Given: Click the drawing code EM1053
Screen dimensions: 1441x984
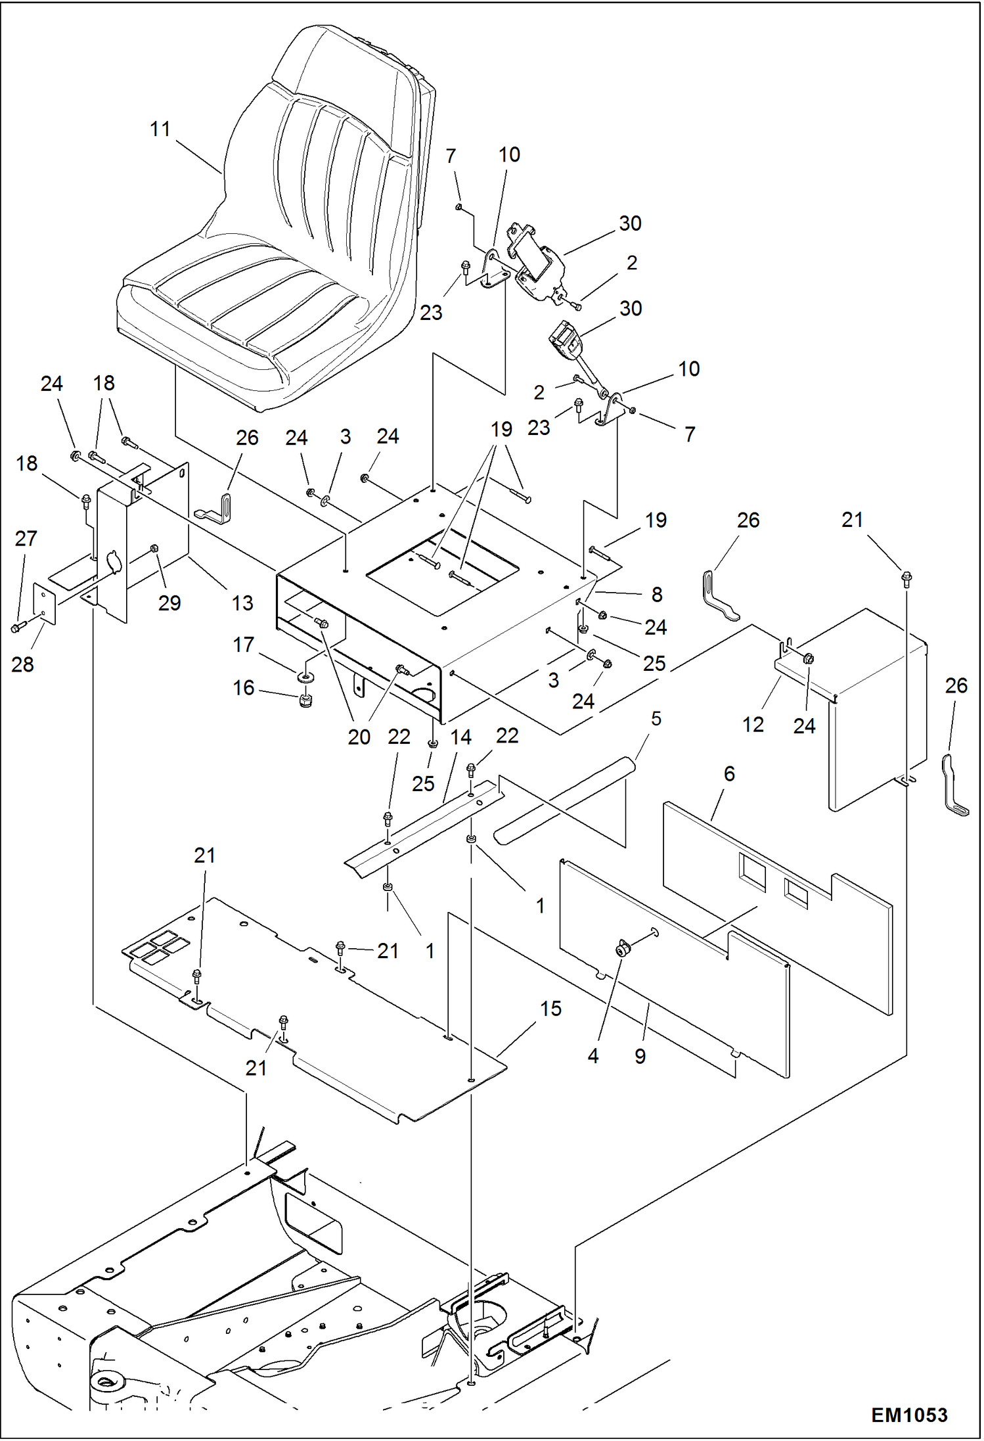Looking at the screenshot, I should tap(909, 1415).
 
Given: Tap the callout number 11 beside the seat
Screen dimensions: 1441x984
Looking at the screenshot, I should tap(160, 129).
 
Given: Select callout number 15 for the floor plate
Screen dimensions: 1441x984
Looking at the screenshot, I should tap(550, 1009).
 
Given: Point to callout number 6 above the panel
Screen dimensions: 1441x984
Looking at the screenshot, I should tap(729, 774).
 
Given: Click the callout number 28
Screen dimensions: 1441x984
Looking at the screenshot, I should tap(22, 664).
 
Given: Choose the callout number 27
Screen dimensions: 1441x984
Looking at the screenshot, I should tap(26, 539).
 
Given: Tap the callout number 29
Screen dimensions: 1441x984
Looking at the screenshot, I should tap(169, 603).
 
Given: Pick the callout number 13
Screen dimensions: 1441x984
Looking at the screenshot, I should tap(242, 603).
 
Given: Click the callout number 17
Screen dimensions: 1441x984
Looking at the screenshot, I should tap(243, 645).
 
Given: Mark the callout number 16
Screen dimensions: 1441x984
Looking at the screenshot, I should tap(243, 688).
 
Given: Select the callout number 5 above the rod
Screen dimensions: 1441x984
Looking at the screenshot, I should tap(656, 719).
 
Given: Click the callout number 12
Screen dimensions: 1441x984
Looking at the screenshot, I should tap(753, 725).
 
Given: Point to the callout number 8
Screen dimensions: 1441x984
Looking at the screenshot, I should tap(657, 595).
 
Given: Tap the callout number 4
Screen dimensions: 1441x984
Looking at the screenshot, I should tap(593, 1056).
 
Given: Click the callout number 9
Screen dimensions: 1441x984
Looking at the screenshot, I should tap(640, 1056).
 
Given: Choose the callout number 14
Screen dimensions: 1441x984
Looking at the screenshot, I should tap(460, 737).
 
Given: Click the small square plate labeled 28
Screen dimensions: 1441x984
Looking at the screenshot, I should tap(44, 603).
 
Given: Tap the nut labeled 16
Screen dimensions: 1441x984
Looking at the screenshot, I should tap(305, 700).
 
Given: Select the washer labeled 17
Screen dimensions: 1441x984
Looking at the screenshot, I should tap(305, 676).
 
